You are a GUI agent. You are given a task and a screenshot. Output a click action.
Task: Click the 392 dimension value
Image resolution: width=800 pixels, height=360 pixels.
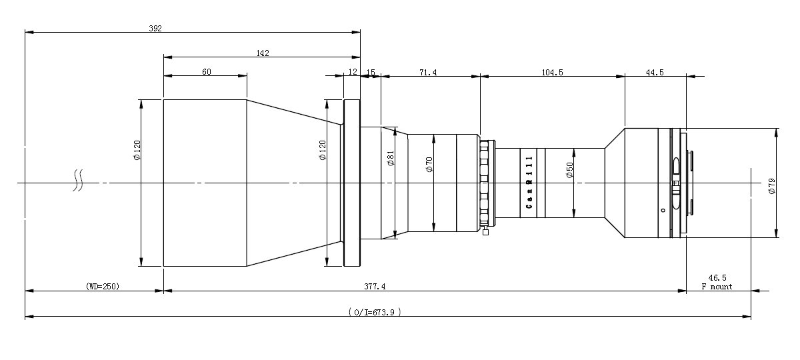(x=155, y=29)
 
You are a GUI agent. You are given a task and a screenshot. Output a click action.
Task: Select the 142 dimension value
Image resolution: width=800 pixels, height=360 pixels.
(x=263, y=53)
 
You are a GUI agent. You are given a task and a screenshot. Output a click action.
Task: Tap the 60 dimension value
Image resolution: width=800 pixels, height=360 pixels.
(x=207, y=72)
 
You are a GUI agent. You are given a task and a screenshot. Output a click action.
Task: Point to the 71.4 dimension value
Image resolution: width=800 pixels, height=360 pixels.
(x=428, y=73)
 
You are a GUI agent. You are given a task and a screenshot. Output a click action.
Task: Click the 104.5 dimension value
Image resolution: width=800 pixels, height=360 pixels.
(x=552, y=73)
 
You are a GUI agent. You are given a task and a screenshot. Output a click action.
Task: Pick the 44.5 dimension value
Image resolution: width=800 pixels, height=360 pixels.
(x=655, y=73)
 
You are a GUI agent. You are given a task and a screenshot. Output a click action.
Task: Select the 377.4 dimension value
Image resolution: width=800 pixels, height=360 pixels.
(x=375, y=287)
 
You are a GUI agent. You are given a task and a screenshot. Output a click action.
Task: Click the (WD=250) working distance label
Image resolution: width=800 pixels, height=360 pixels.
(x=103, y=287)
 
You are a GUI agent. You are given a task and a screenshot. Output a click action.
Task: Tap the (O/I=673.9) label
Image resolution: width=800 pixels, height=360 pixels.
(x=375, y=312)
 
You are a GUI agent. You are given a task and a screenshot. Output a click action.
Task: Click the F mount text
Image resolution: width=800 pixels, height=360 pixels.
(x=717, y=287)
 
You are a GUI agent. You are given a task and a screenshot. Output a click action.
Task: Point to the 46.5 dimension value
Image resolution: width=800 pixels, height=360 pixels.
(x=717, y=278)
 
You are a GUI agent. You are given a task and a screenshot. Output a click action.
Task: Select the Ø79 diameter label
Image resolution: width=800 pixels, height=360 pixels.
(x=772, y=187)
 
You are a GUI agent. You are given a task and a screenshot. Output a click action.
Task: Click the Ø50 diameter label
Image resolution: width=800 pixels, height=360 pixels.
(x=569, y=170)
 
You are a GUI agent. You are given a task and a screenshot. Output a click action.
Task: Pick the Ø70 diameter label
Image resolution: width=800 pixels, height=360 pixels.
(x=429, y=164)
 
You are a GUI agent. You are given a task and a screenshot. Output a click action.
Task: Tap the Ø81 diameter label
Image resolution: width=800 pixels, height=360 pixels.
(x=391, y=158)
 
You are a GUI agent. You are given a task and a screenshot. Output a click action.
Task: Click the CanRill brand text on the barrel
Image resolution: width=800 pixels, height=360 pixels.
(x=529, y=182)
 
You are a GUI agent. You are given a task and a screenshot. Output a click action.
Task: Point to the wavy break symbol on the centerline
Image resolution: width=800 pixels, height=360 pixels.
(x=78, y=180)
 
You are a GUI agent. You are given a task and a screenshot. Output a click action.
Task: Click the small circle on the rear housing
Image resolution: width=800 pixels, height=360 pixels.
(x=663, y=211)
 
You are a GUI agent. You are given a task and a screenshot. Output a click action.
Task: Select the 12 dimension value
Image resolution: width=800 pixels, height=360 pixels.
(x=353, y=72)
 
